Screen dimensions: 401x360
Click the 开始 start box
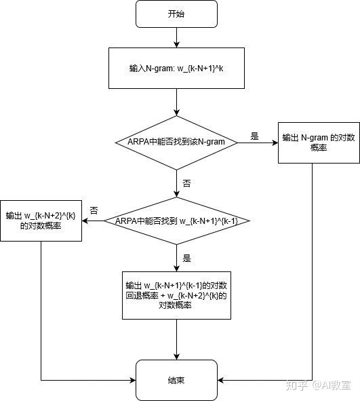[176, 14]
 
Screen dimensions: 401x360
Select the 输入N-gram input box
[176, 69]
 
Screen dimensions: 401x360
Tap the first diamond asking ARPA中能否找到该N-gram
[176, 141]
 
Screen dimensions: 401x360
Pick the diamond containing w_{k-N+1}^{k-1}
[176, 221]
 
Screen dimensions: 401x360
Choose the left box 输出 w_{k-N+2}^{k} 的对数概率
[41, 221]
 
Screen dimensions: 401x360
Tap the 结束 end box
[176, 380]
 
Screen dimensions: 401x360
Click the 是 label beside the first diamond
[255, 136]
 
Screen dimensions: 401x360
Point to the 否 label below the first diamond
[186, 183]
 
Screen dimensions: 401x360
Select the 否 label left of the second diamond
[94, 211]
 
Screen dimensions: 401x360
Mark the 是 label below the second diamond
[187, 258]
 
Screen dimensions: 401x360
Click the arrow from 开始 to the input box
[176, 38]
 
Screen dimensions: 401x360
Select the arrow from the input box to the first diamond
[176, 102]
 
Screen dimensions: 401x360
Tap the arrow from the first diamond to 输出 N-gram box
[261, 142]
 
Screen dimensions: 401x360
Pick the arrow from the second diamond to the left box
[92, 221]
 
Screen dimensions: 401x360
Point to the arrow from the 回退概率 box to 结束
[176, 339]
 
